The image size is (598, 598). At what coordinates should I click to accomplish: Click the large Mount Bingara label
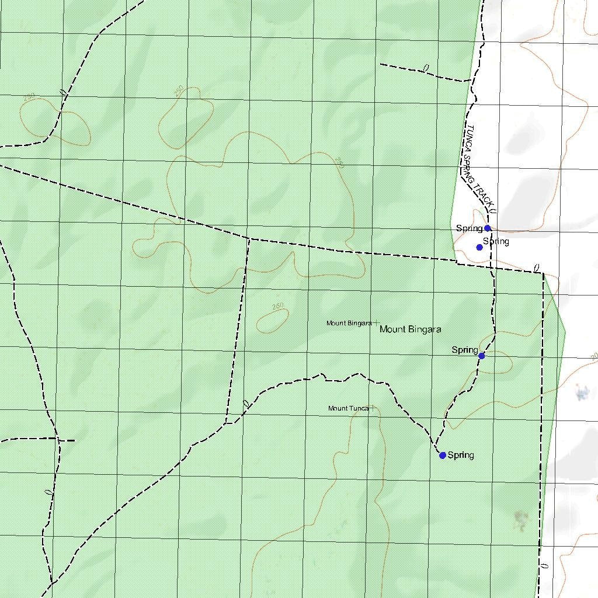(x=410, y=329)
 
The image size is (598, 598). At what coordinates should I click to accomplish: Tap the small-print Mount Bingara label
(x=349, y=323)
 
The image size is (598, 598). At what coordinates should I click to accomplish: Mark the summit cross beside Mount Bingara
(x=376, y=322)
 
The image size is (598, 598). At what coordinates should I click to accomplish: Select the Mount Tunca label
(x=348, y=408)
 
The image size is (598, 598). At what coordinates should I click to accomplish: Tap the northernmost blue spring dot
(x=487, y=228)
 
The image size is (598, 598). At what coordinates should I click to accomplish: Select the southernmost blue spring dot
(x=443, y=455)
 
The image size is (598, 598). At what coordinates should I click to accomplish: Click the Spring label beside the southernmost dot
(x=461, y=455)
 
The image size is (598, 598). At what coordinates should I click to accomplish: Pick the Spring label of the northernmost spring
(x=469, y=228)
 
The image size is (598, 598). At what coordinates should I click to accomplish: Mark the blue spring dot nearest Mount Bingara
(x=481, y=356)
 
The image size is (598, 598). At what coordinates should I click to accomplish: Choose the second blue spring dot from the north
(x=479, y=247)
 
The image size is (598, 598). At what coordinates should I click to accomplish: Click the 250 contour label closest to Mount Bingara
(x=278, y=305)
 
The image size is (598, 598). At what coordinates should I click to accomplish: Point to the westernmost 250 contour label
(x=29, y=97)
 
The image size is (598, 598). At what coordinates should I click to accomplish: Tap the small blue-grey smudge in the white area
(x=581, y=392)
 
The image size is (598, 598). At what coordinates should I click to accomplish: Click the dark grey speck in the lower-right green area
(x=521, y=517)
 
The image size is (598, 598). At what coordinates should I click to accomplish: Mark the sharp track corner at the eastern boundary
(x=543, y=273)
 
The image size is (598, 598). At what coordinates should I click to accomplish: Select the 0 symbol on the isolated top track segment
(x=426, y=68)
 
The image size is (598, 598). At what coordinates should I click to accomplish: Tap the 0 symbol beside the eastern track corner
(x=536, y=267)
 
